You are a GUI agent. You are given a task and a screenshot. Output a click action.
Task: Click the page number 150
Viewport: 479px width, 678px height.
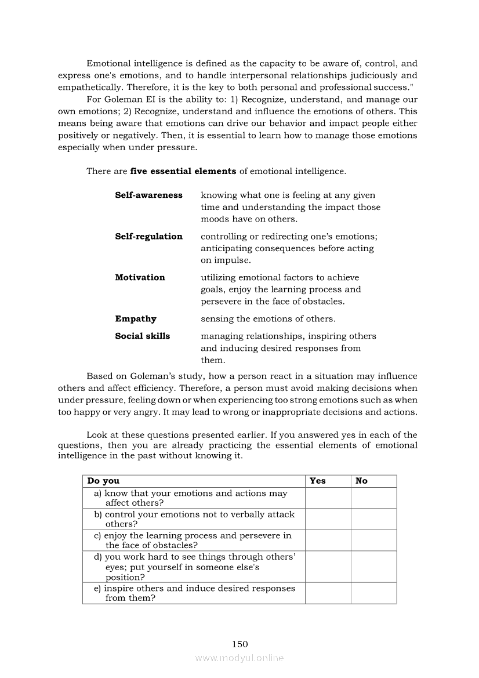click(x=239, y=644)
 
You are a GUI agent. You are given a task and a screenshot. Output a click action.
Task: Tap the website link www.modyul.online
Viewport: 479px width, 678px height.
click(x=239, y=658)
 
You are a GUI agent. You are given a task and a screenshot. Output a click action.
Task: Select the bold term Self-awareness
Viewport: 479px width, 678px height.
click(x=148, y=195)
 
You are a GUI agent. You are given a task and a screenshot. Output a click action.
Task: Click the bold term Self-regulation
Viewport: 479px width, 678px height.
click(x=148, y=236)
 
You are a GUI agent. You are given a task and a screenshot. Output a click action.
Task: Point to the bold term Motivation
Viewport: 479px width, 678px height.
click(x=140, y=277)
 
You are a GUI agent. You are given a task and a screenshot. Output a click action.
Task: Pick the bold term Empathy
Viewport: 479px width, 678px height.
click(x=136, y=318)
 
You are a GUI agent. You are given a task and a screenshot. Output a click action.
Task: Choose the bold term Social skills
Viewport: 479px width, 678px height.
click(x=143, y=336)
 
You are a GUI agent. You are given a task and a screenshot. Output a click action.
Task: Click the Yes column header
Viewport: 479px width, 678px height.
click(x=318, y=481)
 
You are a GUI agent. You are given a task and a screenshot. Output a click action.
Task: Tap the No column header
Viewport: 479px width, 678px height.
click(x=361, y=481)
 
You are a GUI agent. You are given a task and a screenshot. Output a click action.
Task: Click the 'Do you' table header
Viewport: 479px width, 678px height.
click(x=103, y=481)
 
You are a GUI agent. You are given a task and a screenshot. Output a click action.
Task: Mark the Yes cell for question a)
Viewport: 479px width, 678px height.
click(x=328, y=498)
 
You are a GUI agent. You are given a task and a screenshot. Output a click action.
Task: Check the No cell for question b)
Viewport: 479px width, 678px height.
click(x=373, y=519)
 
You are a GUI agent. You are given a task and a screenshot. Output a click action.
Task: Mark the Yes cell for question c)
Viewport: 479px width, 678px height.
click(x=328, y=540)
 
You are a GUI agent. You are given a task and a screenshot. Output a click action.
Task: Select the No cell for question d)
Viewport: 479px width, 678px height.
click(x=373, y=567)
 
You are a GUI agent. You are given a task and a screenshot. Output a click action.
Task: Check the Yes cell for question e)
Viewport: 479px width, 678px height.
click(x=328, y=593)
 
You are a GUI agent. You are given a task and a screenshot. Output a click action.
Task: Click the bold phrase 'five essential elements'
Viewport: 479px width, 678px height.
click(x=183, y=171)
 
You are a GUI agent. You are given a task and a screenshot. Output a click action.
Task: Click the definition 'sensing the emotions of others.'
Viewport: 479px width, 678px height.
click(x=268, y=318)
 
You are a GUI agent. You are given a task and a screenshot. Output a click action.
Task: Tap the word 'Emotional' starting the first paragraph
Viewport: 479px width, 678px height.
click(x=110, y=63)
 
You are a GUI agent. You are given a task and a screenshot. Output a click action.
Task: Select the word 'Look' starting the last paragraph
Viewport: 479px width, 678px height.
click(x=97, y=435)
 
